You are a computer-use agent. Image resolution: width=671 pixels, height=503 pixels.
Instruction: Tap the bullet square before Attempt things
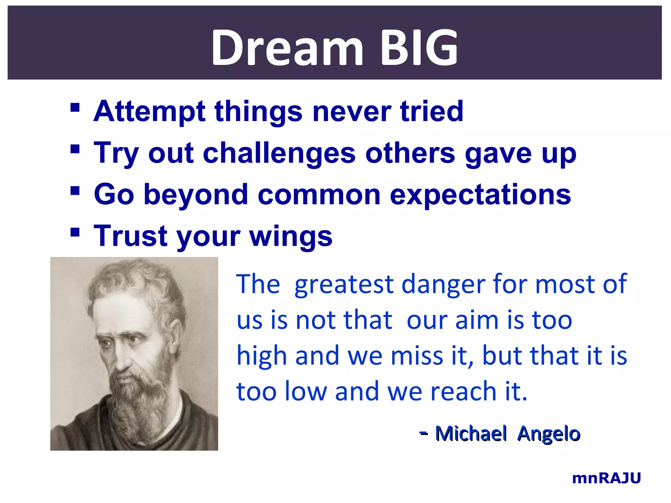tap(75, 107)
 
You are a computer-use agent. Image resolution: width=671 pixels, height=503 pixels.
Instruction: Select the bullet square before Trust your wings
tap(75, 232)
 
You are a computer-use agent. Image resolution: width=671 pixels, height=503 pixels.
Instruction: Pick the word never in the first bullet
tap(352, 112)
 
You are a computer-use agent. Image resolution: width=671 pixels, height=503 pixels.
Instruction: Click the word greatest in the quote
tap(344, 284)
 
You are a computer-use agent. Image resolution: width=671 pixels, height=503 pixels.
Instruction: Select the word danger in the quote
tap(443, 284)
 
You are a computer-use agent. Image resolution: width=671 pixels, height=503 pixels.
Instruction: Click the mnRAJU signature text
tap(606, 478)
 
